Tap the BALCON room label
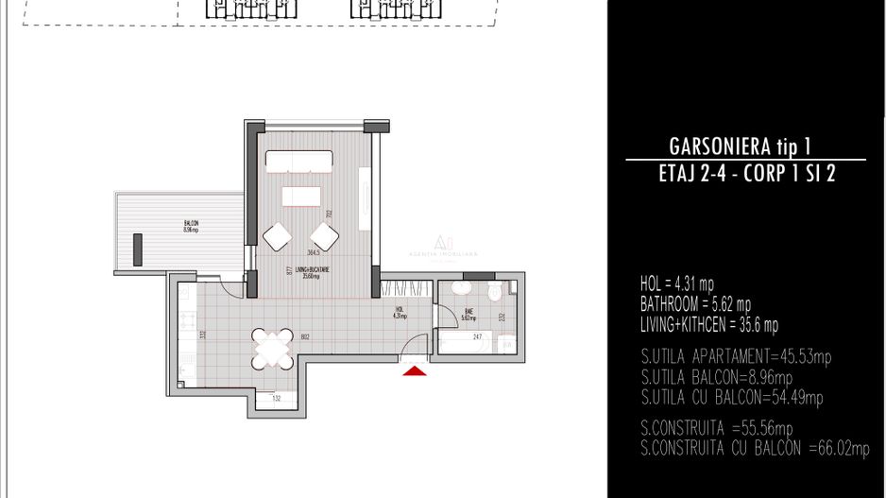(x=191, y=227)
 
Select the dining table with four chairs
(x=271, y=350)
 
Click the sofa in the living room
(x=298, y=162)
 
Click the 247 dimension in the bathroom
(x=477, y=337)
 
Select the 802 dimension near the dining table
(x=305, y=337)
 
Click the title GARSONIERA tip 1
(x=740, y=146)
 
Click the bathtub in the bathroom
(x=462, y=344)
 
